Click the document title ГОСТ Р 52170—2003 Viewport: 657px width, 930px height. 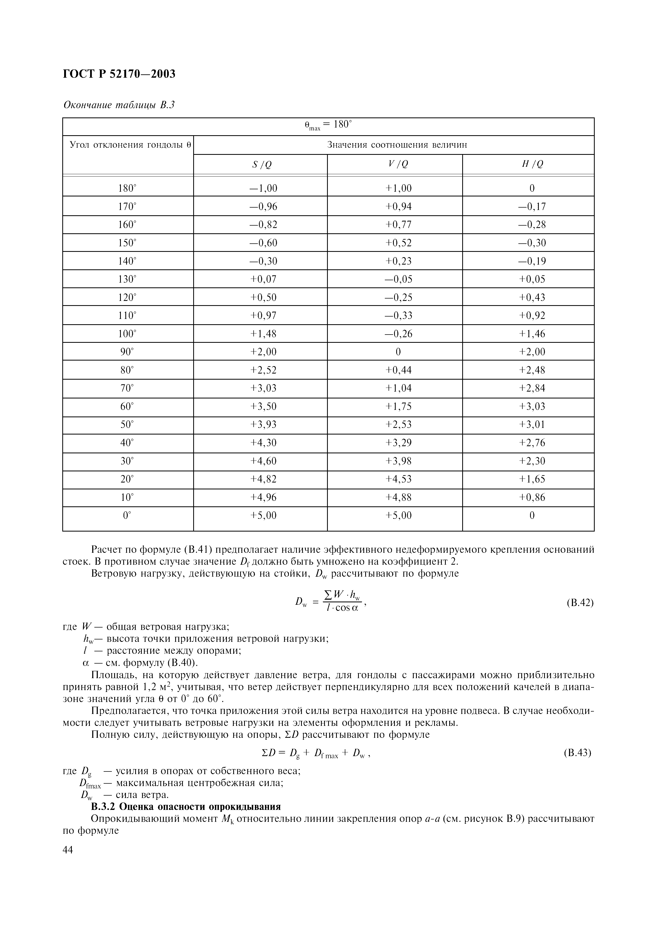click(x=120, y=74)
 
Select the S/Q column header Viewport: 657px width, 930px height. click(x=262, y=164)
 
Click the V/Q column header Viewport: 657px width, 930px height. click(x=398, y=164)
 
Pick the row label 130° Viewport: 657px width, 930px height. click(x=127, y=279)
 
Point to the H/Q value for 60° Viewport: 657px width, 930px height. click(x=532, y=406)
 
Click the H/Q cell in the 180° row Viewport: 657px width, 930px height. click(x=532, y=188)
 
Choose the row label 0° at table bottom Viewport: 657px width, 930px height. click(x=127, y=515)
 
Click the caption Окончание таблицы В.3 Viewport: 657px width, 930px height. click(x=119, y=105)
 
